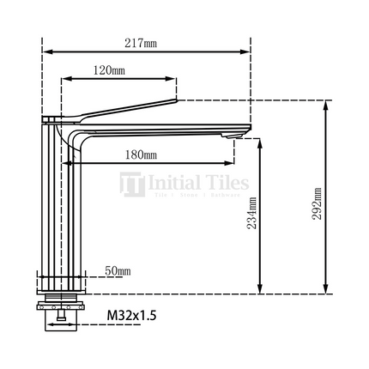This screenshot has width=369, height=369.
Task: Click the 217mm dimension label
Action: click(145, 43)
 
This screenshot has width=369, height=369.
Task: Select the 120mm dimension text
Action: click(109, 70)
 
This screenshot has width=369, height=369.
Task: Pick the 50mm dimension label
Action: click(117, 271)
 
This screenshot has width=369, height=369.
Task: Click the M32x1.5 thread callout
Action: click(131, 316)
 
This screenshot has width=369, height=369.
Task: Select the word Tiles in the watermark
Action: click(225, 183)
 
